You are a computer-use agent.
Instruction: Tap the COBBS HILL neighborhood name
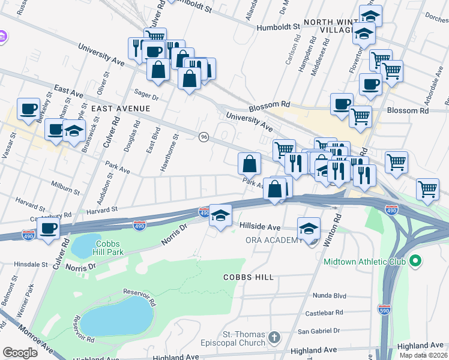tap(248, 277)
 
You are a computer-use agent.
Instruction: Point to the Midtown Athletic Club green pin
tap(414, 262)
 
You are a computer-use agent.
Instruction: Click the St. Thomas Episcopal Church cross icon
tap(275, 335)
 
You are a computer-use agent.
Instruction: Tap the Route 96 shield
tap(203, 137)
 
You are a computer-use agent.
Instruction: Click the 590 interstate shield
tap(384, 310)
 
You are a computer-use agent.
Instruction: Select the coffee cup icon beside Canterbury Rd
tap(48, 228)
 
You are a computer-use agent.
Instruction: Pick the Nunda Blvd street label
tap(330, 295)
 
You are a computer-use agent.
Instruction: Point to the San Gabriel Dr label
tap(319, 331)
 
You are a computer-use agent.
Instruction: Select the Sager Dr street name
tap(146, 95)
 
